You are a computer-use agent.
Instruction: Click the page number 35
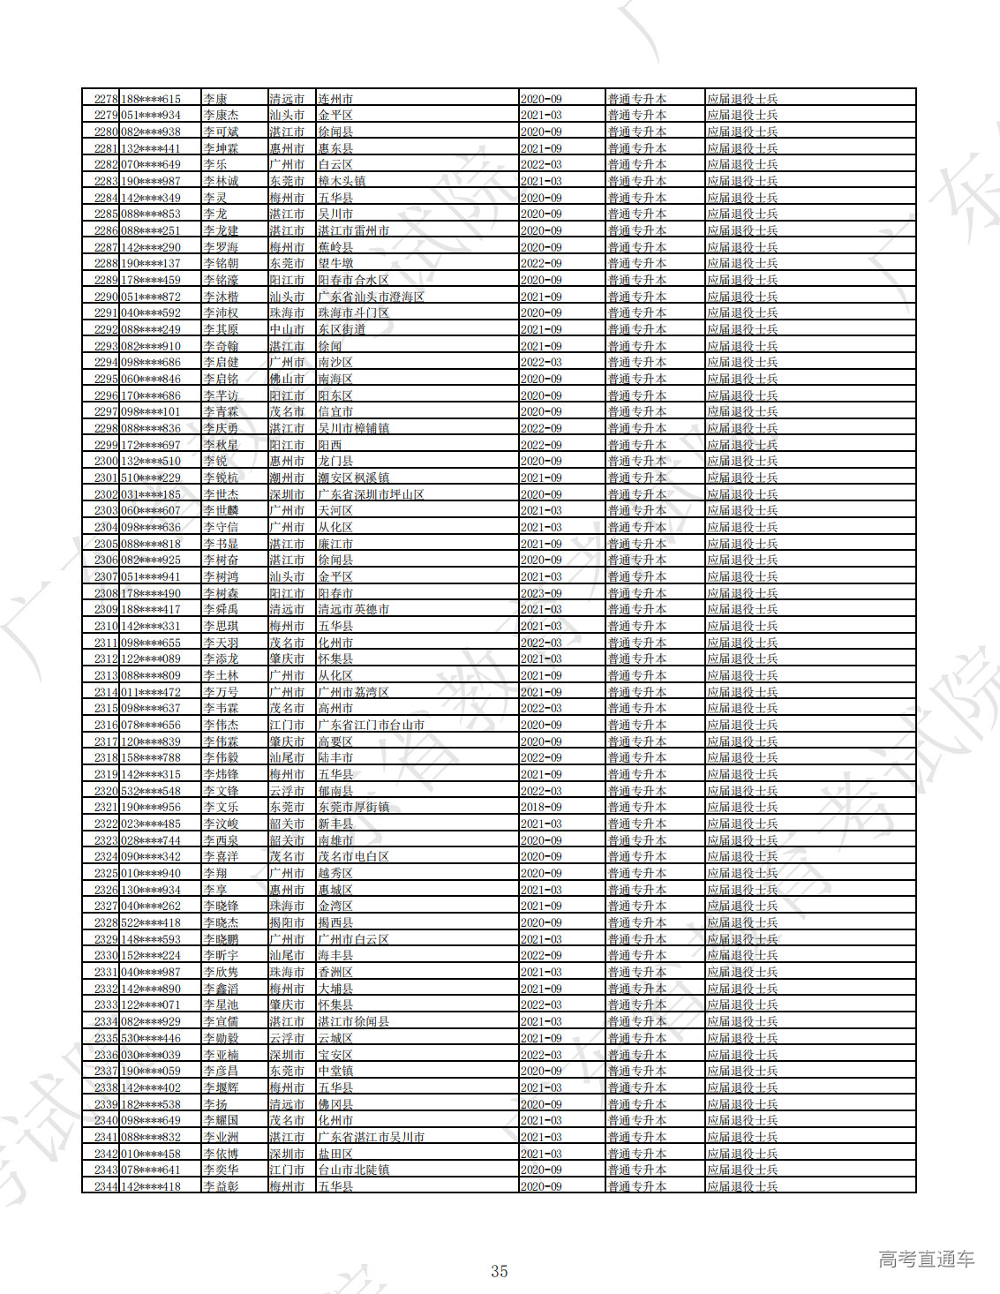point(500,1271)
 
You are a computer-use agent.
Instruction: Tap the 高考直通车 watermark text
point(926,1260)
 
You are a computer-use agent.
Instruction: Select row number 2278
point(106,99)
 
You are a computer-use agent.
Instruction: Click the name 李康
point(215,99)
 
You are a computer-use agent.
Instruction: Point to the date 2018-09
point(541,807)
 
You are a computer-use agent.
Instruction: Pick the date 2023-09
point(541,593)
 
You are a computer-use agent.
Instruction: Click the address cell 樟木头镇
point(342,181)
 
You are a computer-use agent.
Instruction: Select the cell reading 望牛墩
point(335,263)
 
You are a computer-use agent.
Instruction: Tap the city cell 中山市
point(287,329)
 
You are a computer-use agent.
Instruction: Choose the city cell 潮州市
point(287,478)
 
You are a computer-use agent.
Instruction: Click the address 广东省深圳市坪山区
point(371,494)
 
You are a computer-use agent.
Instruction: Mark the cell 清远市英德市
point(353,609)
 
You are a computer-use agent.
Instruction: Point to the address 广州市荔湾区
point(353,692)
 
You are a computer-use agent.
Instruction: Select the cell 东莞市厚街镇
point(353,807)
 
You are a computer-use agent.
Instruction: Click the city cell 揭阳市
point(287,922)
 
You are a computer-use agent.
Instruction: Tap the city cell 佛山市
point(287,379)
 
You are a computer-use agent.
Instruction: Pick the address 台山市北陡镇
point(353,1170)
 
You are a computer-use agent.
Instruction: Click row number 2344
point(106,1186)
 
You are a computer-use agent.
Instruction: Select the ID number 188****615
point(151,99)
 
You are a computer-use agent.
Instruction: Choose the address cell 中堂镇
point(335,1071)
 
